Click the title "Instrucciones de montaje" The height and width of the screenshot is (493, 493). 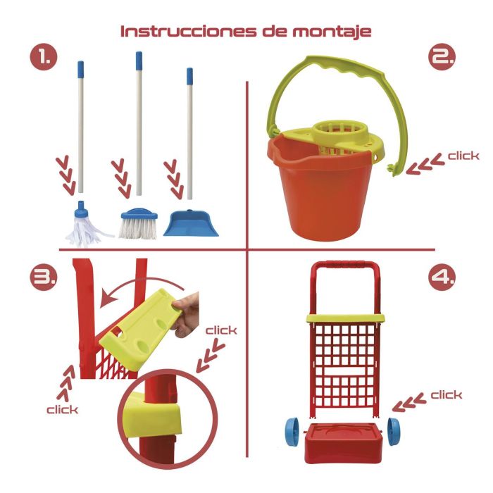point(246,32)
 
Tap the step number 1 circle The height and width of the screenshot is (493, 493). point(44,59)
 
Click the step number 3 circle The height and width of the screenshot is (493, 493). point(44,278)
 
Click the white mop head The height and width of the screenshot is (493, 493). point(84,225)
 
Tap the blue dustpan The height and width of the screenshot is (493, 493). point(191,223)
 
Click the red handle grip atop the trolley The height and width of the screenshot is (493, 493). point(342,266)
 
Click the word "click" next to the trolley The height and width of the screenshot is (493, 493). point(446,395)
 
